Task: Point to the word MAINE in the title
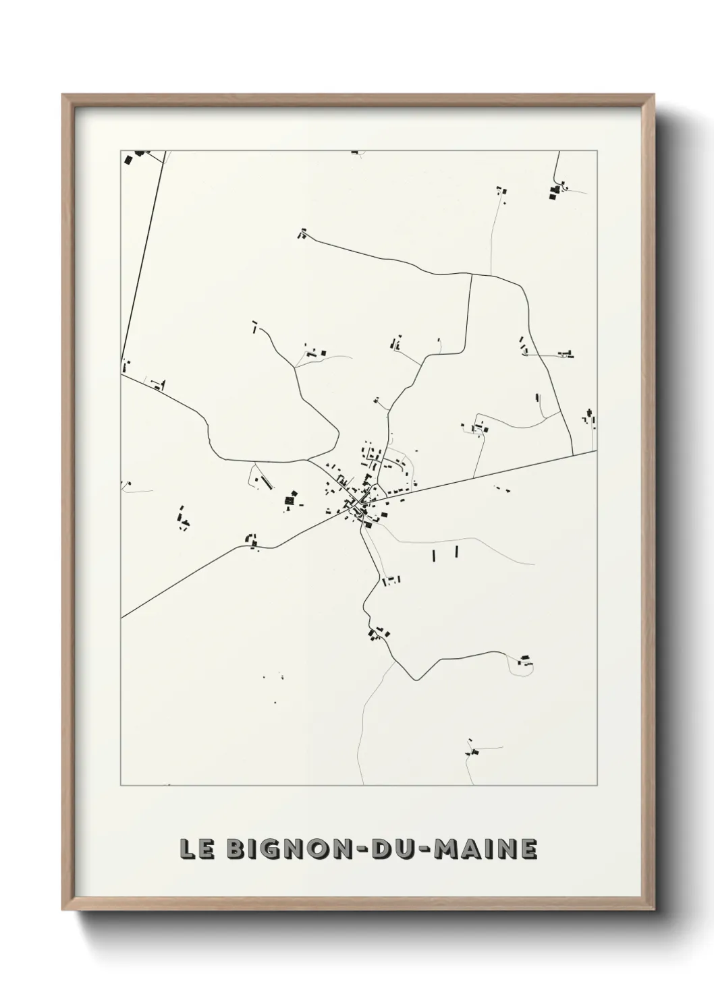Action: point(485,848)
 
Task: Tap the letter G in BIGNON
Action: point(261,848)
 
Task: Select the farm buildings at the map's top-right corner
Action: point(555,191)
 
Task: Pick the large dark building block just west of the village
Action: point(290,500)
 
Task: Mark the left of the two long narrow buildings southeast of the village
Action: point(434,556)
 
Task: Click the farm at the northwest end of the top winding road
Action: point(302,234)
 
